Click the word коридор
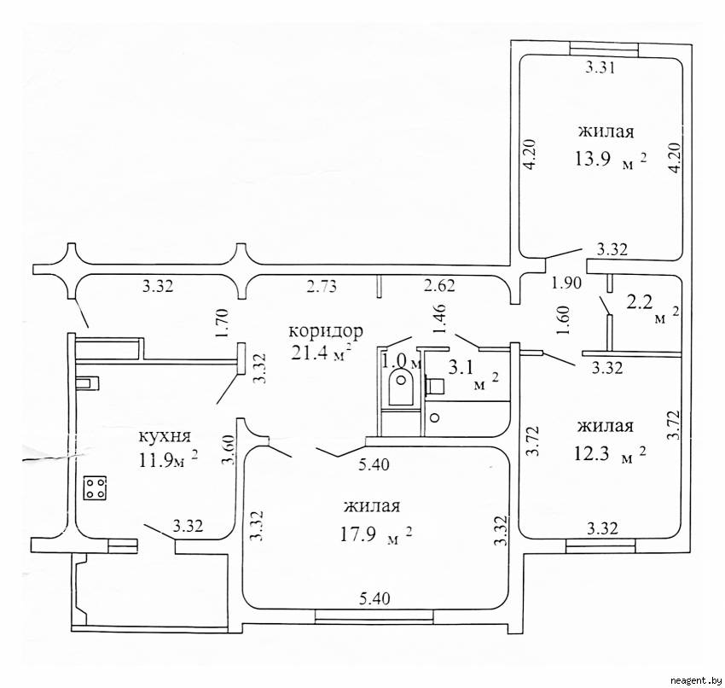(326, 332)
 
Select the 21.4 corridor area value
(311, 353)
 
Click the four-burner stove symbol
(95, 488)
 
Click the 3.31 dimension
(600, 68)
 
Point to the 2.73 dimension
(322, 287)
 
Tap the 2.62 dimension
(440, 285)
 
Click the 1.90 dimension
(567, 283)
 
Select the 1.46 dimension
(438, 319)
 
